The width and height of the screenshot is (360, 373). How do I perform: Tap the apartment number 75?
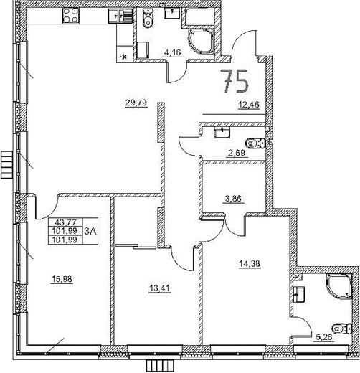(x=235, y=82)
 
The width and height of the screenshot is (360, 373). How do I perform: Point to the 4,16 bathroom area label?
(x=171, y=52)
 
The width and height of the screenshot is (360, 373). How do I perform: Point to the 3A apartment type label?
(x=90, y=231)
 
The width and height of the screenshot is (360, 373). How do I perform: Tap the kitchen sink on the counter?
(x=115, y=15)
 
